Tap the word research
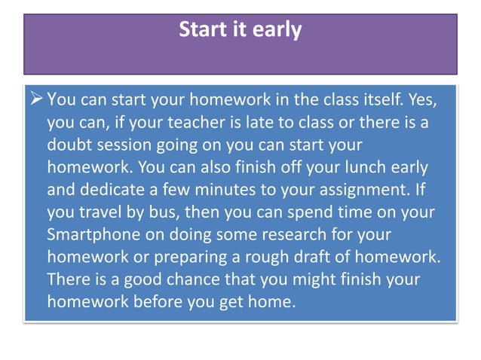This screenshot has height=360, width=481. point(285,233)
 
